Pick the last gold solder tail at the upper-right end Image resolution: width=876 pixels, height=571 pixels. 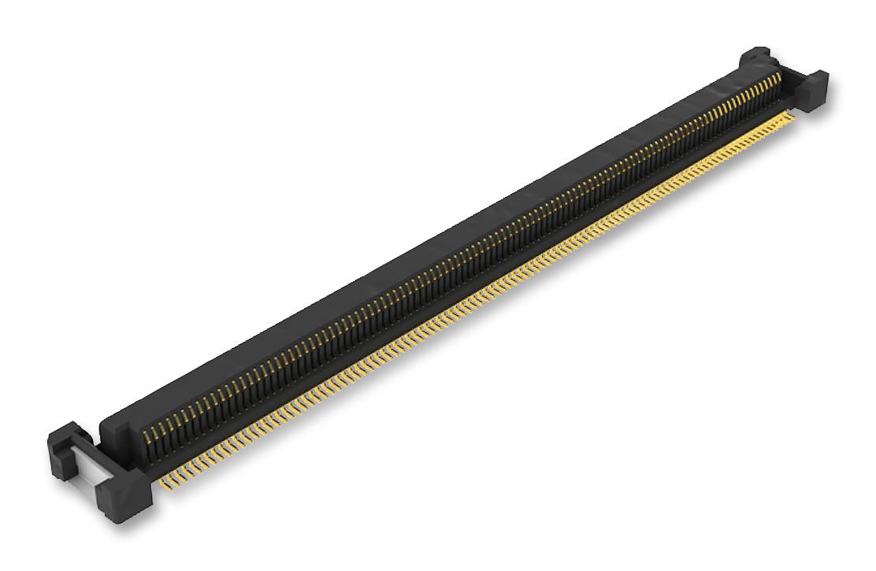tap(792, 113)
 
